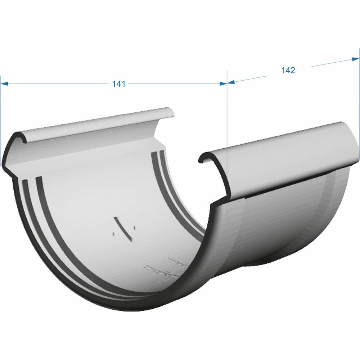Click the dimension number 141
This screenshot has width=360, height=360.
click(x=119, y=84)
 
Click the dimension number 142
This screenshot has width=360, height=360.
click(x=288, y=70)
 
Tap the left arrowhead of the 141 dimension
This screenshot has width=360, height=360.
click(x=4, y=84)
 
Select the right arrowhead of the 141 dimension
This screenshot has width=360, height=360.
click(x=223, y=84)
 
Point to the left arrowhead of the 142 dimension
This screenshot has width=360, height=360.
click(x=231, y=82)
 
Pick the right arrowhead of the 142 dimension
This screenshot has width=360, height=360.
click(x=356, y=59)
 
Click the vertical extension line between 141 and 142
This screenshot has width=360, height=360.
click(x=227, y=134)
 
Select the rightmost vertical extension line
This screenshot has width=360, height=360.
click(x=359, y=103)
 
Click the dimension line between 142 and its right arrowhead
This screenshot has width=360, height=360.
click(x=332, y=63)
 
